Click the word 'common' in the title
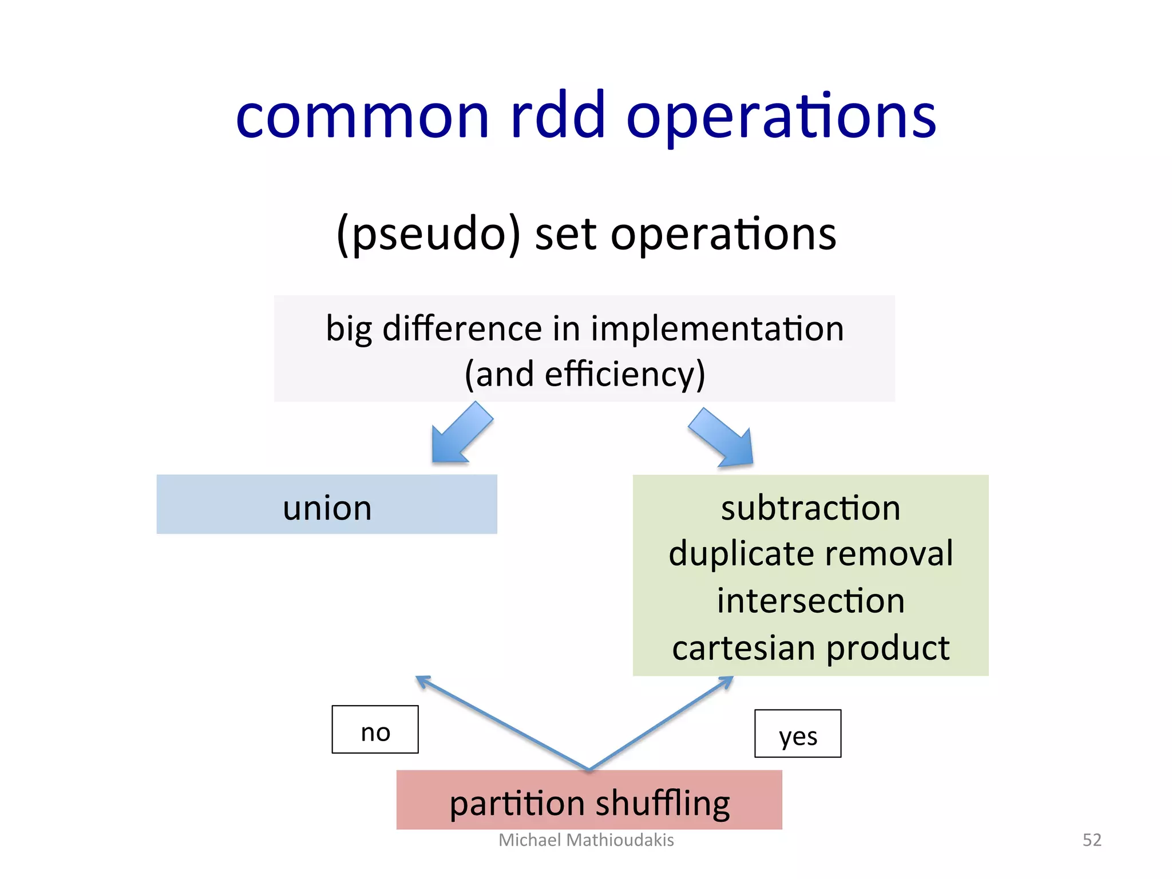tap(362, 117)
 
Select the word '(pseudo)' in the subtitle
tap(428, 235)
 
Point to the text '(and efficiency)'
tap(585, 375)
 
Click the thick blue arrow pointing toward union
tap(461, 433)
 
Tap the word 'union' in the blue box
tap(327, 508)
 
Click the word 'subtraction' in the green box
tap(810, 508)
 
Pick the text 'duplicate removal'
tap(810, 554)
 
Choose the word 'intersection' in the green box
tap(810, 601)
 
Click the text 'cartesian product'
tap(810, 648)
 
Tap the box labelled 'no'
tap(375, 730)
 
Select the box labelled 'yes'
tap(797, 734)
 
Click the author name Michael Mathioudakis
tap(586, 840)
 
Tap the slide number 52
tap(1091, 840)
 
